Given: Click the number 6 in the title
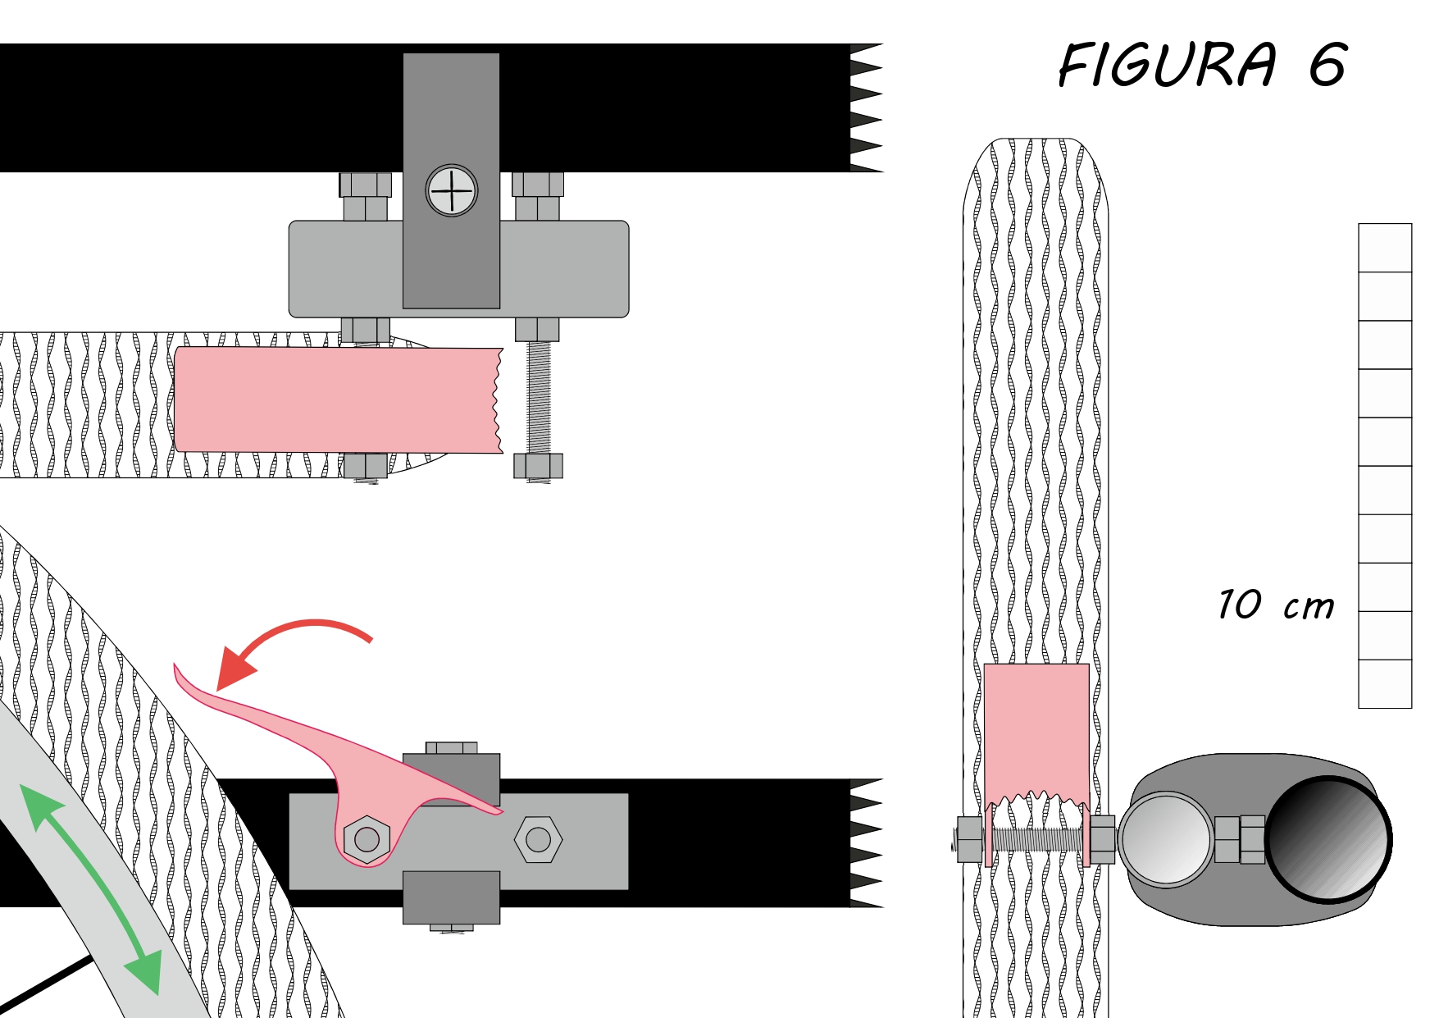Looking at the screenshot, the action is (x=1327, y=65).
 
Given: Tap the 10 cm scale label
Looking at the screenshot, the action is (x=1276, y=605).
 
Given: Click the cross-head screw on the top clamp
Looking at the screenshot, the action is (x=452, y=191).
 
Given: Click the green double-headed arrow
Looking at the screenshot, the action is (x=89, y=889).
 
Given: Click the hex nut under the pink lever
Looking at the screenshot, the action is (x=367, y=839).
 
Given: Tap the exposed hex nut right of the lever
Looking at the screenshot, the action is (x=538, y=839).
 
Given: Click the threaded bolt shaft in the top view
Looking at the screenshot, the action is (x=538, y=398).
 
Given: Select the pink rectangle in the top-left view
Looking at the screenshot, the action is (x=338, y=399).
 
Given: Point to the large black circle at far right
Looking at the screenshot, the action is (x=1328, y=839).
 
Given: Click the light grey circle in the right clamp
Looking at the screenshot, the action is (x=1165, y=839).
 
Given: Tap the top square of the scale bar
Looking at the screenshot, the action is (x=1385, y=248).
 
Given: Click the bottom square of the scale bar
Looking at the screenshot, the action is (x=1385, y=684).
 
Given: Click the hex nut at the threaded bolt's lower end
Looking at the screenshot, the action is (x=538, y=466).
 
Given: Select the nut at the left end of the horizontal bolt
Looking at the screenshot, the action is (x=970, y=839).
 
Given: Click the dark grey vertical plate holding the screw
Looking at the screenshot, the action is (x=451, y=180).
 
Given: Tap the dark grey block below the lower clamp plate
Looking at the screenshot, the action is (x=451, y=897).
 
